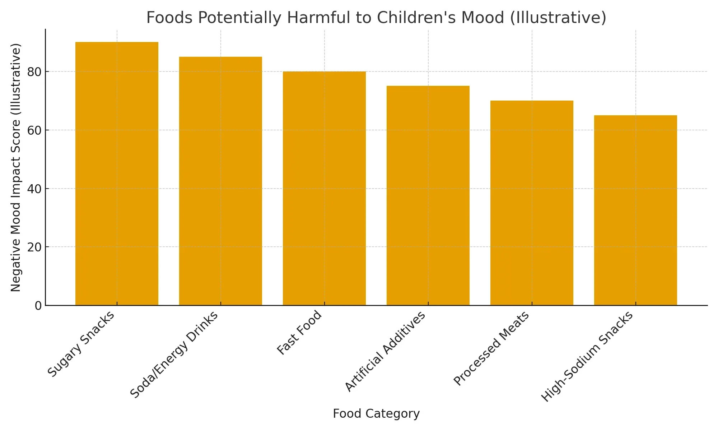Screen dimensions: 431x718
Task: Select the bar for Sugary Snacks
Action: click(x=117, y=174)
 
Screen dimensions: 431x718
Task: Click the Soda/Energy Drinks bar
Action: click(x=220, y=181)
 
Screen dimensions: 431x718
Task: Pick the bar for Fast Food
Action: click(x=324, y=189)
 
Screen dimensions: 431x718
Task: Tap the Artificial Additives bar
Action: click(x=428, y=196)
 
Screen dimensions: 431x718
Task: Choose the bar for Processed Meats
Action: click(x=532, y=203)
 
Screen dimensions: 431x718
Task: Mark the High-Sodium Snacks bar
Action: click(x=635, y=210)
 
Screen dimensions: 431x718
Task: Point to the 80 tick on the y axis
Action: click(x=34, y=72)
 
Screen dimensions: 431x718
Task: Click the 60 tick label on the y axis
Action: click(x=34, y=130)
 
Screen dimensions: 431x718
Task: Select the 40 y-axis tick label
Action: click(x=34, y=189)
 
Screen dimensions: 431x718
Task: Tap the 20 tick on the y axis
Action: click(x=34, y=247)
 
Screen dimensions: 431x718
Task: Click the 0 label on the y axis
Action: click(x=38, y=306)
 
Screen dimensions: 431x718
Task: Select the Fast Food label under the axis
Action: click(x=299, y=333)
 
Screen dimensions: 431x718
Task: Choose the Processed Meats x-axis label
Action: click(x=491, y=348)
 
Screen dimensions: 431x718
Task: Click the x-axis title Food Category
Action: click(x=376, y=414)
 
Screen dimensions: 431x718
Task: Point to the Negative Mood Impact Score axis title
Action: click(x=16, y=167)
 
